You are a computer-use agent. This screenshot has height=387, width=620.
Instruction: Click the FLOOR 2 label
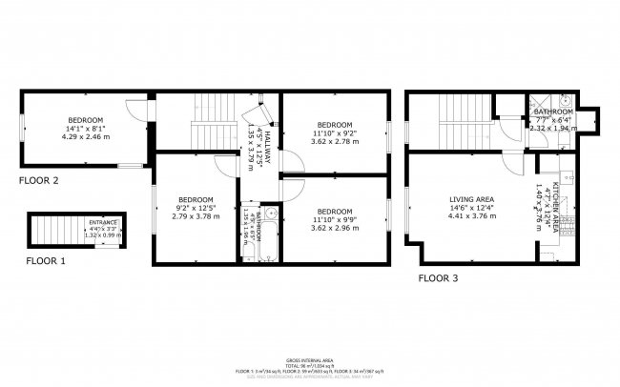coord(39,180)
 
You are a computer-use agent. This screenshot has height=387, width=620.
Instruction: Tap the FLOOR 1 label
coord(45,260)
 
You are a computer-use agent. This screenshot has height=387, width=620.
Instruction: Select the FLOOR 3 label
coord(439,278)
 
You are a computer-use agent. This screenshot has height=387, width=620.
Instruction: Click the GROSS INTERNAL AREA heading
coord(309,358)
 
